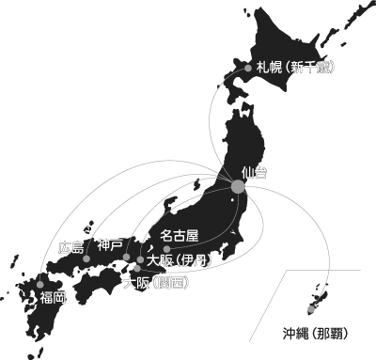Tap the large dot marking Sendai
pos(239,187)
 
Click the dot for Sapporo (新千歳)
pos(248,68)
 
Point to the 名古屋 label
pos(180,235)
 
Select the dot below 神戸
pos(126,257)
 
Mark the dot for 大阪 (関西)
pos(137,269)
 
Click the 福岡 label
pos(53,297)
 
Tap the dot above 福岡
pos(41,284)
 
